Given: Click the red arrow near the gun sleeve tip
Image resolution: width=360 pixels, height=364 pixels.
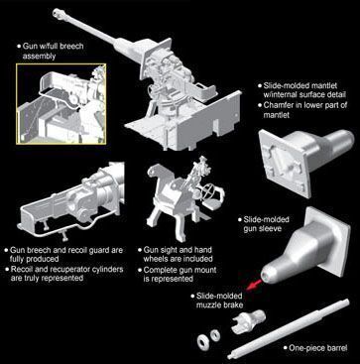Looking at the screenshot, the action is (254, 285).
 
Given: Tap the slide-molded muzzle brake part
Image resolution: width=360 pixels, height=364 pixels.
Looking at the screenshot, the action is (248, 320).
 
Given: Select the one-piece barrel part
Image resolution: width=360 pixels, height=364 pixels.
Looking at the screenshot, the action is (289, 329).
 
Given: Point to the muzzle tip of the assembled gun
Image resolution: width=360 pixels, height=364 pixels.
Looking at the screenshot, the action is (57, 12).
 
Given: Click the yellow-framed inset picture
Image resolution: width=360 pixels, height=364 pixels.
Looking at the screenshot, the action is (61, 104).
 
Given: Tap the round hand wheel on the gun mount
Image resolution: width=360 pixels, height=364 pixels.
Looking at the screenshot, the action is (207, 191).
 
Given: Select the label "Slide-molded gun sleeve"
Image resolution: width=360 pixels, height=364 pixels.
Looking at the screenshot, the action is (266, 224).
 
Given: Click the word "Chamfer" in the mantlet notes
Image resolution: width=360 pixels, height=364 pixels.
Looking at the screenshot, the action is (277, 105).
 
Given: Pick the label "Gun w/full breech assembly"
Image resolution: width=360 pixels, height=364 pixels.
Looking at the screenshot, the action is (53, 51).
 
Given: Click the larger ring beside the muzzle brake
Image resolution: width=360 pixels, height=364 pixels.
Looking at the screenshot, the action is (202, 340).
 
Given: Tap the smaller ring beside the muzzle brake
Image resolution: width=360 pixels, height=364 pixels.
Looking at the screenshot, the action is (215, 335).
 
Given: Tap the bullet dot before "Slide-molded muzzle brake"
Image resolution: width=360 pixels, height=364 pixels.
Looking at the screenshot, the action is (192, 296).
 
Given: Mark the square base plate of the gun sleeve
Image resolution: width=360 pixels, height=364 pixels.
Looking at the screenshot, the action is (328, 242).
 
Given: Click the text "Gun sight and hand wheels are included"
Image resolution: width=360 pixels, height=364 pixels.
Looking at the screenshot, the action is (178, 254).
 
